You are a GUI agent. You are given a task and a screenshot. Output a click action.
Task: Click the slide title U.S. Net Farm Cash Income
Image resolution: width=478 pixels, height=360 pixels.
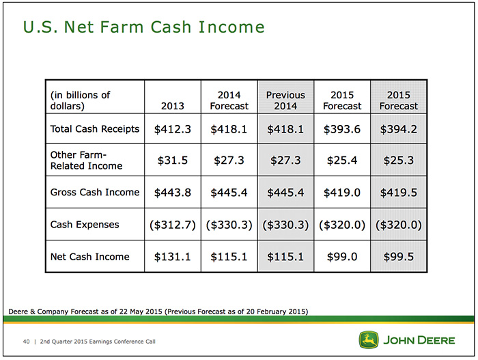(143, 27)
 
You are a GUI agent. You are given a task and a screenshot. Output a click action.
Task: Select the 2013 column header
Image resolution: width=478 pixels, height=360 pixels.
(173, 106)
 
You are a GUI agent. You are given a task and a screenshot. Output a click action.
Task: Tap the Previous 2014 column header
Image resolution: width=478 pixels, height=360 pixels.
(285, 100)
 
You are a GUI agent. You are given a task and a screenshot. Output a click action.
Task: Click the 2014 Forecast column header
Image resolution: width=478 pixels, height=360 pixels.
(229, 100)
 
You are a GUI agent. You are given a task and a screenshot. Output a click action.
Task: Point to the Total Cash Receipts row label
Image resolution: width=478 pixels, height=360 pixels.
(95, 128)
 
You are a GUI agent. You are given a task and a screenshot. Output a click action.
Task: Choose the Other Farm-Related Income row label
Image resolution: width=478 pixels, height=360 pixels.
(86, 160)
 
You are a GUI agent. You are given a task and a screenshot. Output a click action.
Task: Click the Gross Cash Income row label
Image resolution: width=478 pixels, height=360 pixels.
(95, 192)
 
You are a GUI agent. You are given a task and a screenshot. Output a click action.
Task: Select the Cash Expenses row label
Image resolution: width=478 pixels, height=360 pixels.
(85, 225)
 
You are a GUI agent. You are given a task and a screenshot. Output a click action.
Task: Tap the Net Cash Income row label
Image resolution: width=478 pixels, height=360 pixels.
(90, 257)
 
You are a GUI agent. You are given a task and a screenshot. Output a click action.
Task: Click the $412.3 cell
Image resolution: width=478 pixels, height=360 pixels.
(173, 129)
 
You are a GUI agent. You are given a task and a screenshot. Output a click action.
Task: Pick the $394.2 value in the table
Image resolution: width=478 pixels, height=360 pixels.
(398, 129)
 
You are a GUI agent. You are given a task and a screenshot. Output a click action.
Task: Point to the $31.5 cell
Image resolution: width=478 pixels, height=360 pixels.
(173, 160)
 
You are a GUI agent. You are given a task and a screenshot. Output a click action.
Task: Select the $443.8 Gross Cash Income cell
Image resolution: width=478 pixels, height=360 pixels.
(173, 193)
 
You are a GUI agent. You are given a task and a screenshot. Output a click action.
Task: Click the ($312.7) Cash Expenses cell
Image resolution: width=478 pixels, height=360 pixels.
(173, 225)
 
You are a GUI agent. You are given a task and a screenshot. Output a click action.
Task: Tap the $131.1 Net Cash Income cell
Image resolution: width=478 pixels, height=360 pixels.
(173, 257)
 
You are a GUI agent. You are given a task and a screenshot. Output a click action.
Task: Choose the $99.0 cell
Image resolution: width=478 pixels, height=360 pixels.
(342, 257)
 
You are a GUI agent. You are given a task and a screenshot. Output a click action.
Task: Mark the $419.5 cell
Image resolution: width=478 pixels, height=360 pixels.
(398, 193)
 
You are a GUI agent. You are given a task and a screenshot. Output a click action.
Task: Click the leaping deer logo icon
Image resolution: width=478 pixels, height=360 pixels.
(369, 340)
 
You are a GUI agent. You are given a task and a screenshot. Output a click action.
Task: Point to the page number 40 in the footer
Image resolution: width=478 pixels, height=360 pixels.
(26, 342)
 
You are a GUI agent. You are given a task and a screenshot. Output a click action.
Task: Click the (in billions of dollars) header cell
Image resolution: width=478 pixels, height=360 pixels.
(80, 100)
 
